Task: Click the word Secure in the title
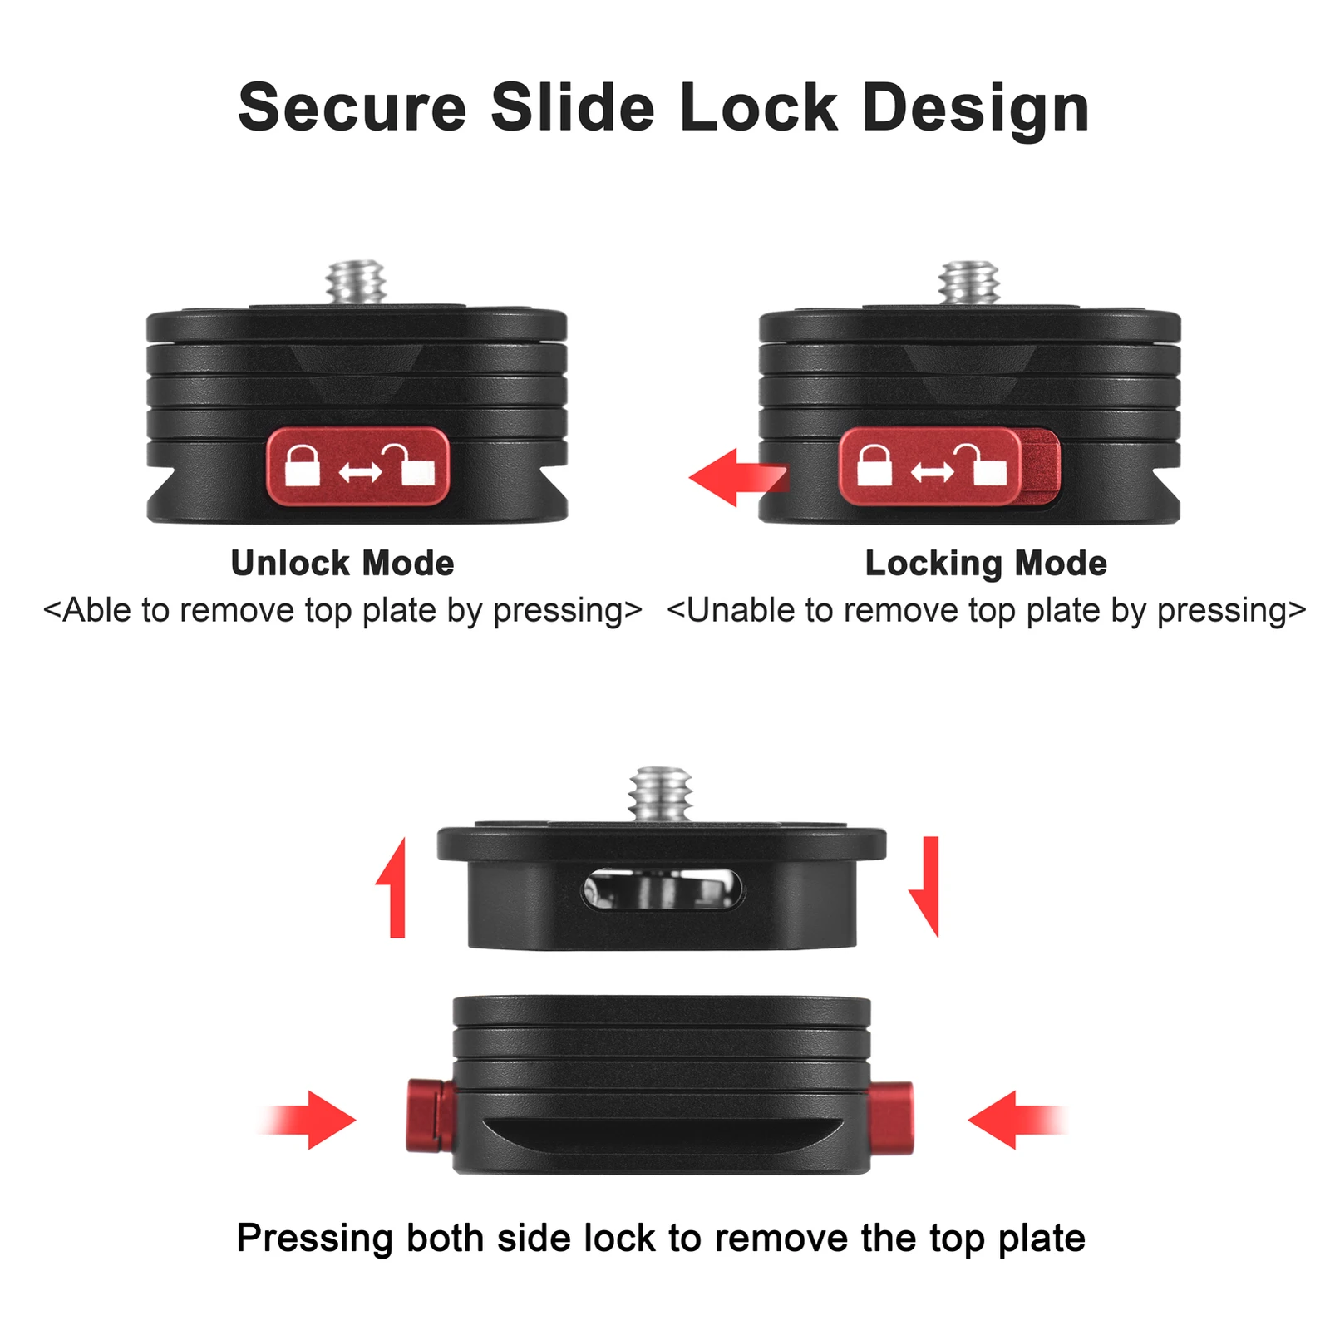(352, 107)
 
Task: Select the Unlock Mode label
(342, 563)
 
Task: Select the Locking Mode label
(986, 564)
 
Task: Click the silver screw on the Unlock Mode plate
(356, 283)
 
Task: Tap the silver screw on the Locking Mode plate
(969, 283)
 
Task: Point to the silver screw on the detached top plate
(661, 794)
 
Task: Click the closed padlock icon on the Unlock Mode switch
(303, 465)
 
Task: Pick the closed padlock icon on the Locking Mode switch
(874, 465)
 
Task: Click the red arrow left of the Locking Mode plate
(738, 477)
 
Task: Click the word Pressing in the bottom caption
(314, 1239)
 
